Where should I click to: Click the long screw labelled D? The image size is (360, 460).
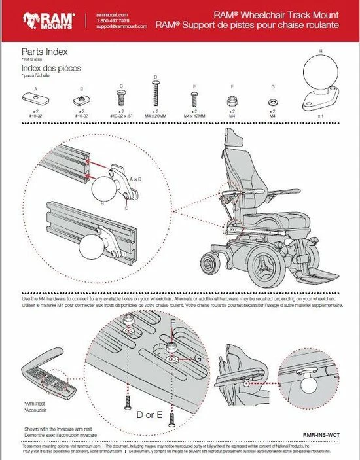coord(155,96)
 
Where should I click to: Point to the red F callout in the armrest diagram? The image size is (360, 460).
coord(173,323)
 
